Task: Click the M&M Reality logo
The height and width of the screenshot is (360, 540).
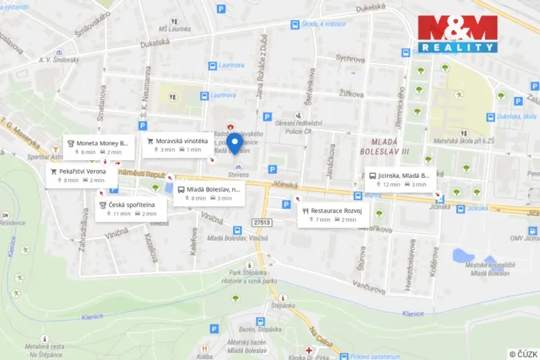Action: pyautogui.click(x=457, y=34)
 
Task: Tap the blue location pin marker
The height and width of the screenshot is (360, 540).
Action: pyautogui.click(x=236, y=144)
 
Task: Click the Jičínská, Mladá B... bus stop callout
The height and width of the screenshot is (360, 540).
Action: pyautogui.click(x=399, y=179)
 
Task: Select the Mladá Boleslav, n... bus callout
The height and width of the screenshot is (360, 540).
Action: pyautogui.click(x=208, y=193)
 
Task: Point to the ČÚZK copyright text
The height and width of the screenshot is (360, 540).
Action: pyautogui.click(x=522, y=353)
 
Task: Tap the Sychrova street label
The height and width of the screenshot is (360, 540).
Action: pyautogui.click(x=350, y=58)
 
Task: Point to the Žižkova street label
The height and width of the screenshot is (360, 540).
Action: pyautogui.click(x=352, y=92)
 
